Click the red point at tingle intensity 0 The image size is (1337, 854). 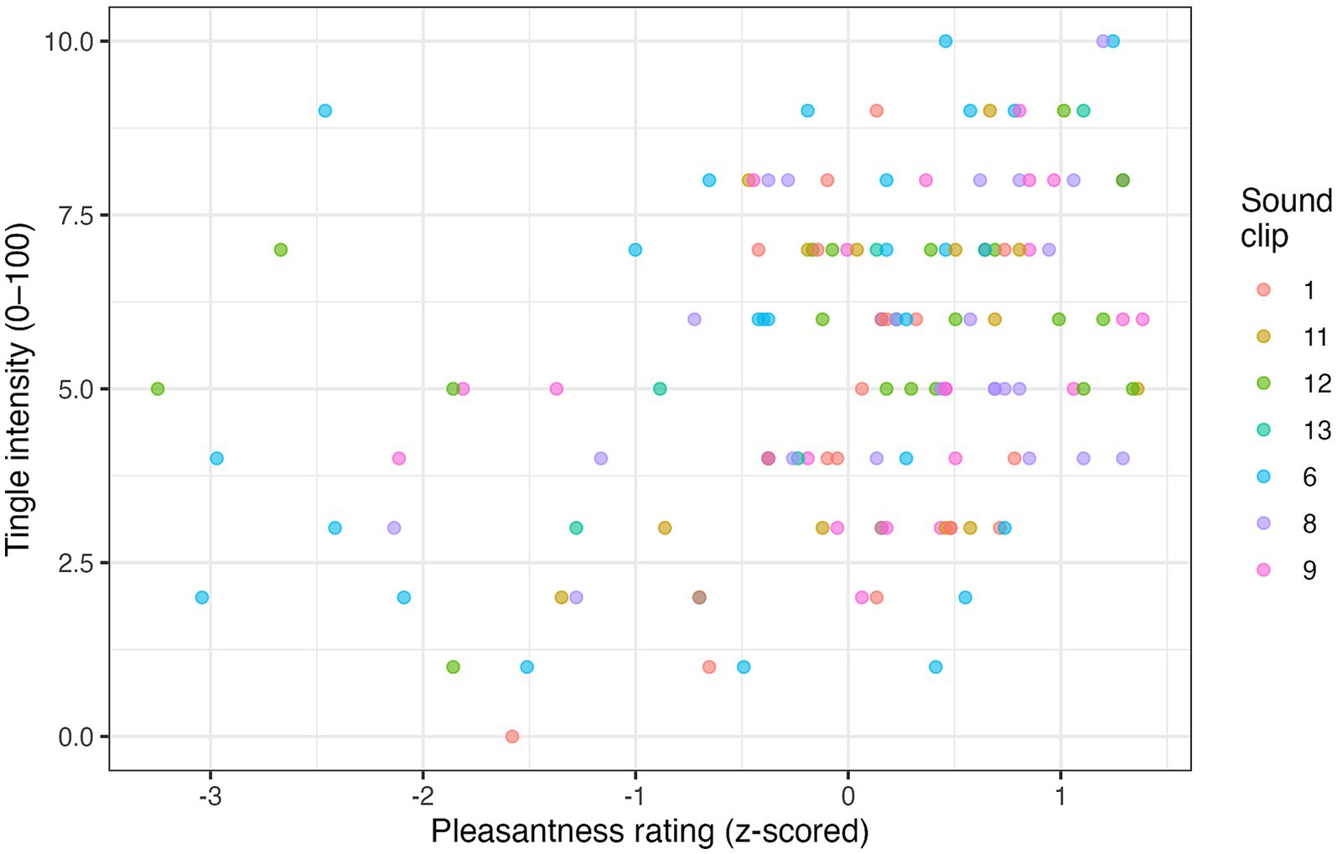tap(512, 737)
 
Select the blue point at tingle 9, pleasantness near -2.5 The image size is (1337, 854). tap(325, 111)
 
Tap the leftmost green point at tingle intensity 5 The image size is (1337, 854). tap(158, 388)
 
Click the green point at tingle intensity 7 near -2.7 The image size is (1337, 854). tap(281, 250)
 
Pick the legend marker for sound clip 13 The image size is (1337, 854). tap(1263, 430)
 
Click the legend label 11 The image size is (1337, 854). tap(1315, 337)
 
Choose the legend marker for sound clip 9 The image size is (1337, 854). tap(1263, 570)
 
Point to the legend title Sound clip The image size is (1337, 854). tap(1285, 218)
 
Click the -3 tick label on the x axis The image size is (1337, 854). tap(210, 794)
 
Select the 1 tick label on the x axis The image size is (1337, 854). tap(1060, 794)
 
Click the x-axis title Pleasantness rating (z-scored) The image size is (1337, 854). tap(650, 831)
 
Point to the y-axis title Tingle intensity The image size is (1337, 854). tap(18, 388)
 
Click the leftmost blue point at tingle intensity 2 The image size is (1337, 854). tap(202, 597)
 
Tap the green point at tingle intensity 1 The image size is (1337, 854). tap(453, 667)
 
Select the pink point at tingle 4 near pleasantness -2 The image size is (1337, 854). tap(399, 458)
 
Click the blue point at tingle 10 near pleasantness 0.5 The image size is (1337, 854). tap(946, 41)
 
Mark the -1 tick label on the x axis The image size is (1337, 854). tap(635, 794)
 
